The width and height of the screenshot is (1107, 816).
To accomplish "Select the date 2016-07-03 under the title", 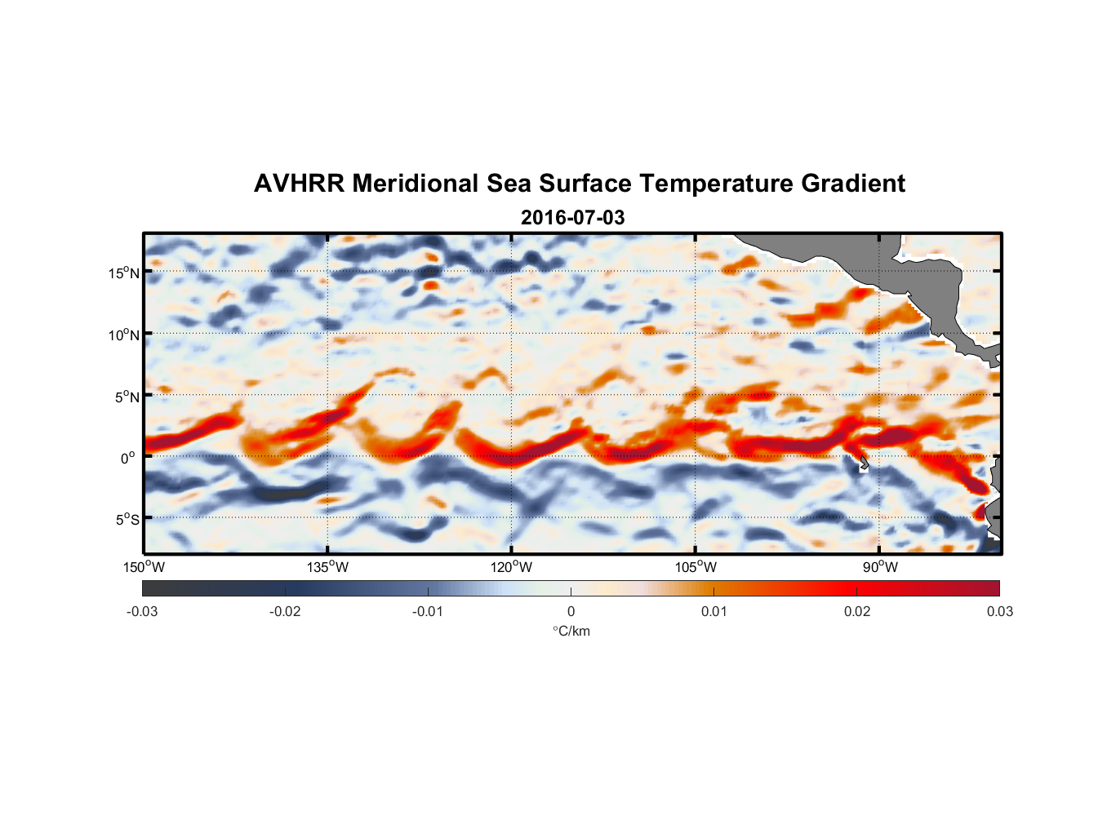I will [572, 218].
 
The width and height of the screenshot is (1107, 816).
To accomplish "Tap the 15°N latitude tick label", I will [124, 273].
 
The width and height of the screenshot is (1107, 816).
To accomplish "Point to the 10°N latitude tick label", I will [124, 335].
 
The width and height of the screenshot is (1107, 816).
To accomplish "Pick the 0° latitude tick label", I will [128, 458].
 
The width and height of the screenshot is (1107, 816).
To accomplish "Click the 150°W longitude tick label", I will [144, 567].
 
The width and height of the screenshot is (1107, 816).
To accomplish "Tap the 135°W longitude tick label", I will [328, 567].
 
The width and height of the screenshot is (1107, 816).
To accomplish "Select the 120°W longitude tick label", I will [512, 567].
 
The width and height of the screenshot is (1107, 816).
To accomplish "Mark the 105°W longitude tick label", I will [696, 567].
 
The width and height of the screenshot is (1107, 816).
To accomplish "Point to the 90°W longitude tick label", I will [880, 567].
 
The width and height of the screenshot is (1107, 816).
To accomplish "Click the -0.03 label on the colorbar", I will [142, 611].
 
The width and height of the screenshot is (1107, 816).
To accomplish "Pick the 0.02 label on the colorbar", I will [857, 611].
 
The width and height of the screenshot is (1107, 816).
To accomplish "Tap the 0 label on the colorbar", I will [571, 611].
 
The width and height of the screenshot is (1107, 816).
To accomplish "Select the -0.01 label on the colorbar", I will [428, 611].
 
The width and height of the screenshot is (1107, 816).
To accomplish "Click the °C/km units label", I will [571, 631].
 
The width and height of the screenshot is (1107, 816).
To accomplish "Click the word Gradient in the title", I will [853, 184].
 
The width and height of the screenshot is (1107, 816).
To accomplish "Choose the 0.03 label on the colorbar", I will [999, 611].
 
